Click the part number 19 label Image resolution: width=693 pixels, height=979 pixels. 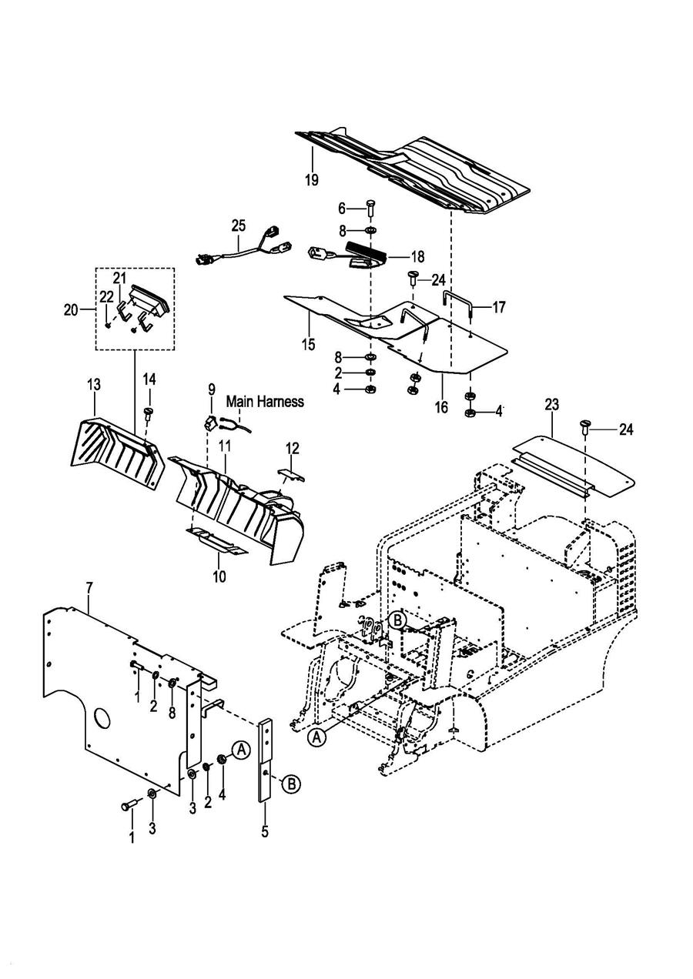[x=312, y=179]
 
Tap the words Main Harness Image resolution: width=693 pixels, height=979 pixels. [x=265, y=401]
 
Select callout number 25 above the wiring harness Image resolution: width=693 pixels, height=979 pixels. [x=239, y=226]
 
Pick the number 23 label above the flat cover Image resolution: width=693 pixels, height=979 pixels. [x=552, y=404]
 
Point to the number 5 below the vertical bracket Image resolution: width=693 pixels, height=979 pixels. [x=265, y=831]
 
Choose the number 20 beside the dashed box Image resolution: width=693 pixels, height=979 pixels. [x=71, y=310]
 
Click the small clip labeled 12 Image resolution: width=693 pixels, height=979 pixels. [x=292, y=475]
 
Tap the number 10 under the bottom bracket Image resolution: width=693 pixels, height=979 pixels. [x=219, y=576]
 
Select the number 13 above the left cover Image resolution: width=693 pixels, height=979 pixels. [x=94, y=385]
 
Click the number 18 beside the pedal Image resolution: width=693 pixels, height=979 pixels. [x=418, y=256]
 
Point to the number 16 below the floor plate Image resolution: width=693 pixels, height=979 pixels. [x=442, y=407]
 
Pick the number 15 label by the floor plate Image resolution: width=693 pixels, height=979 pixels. [x=308, y=344]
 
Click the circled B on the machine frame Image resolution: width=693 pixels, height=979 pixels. [x=398, y=620]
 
